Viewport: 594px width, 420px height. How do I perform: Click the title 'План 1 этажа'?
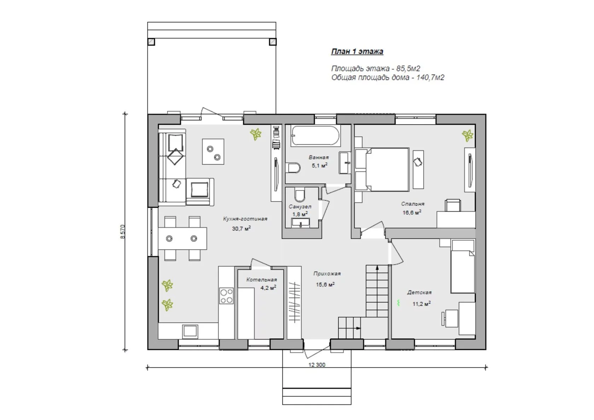click(357, 51)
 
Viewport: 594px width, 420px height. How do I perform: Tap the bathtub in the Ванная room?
click(315, 136)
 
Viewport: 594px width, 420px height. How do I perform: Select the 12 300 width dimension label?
click(317, 365)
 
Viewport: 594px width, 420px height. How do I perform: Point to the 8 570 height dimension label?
click(122, 232)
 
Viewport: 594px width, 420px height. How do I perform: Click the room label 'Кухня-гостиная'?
click(245, 219)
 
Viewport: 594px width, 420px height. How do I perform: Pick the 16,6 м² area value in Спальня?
click(412, 213)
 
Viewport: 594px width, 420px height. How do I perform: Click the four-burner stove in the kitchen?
click(226, 296)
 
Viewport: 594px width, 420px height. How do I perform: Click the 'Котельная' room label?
click(262, 280)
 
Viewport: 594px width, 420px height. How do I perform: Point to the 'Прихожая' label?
click(327, 274)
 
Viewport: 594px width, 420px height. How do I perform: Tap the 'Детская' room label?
click(419, 292)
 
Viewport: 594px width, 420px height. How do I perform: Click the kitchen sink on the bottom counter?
click(190, 332)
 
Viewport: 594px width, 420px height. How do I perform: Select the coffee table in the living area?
click(213, 151)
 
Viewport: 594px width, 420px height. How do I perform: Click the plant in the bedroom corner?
click(467, 135)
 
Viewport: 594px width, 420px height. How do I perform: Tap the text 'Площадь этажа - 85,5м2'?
click(376, 68)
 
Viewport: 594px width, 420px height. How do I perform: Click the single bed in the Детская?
click(463, 266)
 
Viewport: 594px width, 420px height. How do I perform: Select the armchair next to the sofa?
click(200, 191)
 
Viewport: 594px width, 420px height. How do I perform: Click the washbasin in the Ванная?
click(345, 163)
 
